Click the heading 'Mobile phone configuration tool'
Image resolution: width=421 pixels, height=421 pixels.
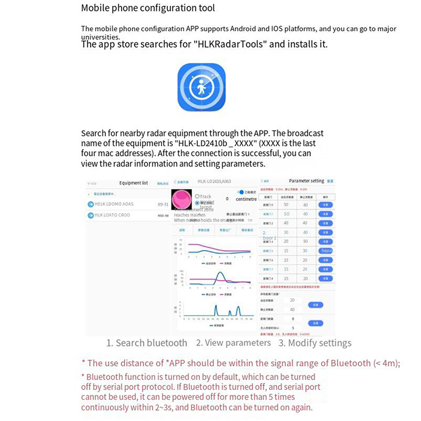[x=148, y=8]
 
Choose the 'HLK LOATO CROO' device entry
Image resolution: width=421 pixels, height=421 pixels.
[x=112, y=215]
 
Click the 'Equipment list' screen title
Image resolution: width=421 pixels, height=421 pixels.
[x=134, y=183]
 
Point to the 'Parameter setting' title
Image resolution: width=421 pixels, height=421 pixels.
[x=306, y=181]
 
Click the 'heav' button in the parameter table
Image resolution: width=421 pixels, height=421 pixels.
[x=326, y=251]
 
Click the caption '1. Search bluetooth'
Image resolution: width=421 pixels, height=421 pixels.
[x=146, y=343]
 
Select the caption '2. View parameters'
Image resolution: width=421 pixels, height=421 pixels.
[x=233, y=343]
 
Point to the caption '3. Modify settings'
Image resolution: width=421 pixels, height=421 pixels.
[x=315, y=343]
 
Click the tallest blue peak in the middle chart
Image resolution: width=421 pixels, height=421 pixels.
[x=220, y=274]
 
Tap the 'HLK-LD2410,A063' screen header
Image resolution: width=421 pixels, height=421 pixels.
[x=214, y=182]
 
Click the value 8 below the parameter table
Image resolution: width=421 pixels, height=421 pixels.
[x=293, y=319]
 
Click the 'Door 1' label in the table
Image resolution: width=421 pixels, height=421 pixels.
[x=269, y=238]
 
